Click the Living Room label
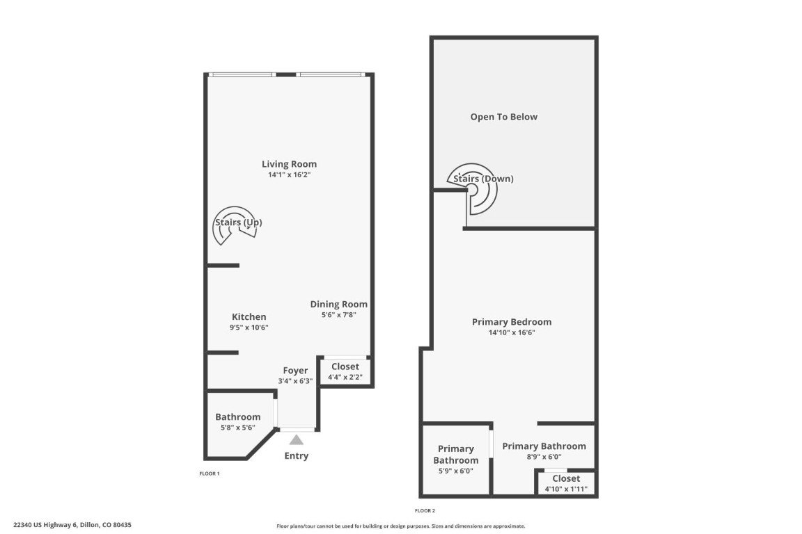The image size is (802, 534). (289, 164)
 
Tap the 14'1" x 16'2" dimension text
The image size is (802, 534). (289, 175)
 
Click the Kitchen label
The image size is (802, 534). (249, 317)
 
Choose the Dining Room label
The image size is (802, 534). (338, 305)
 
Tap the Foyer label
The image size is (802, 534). (295, 371)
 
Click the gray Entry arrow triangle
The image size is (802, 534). (296, 439)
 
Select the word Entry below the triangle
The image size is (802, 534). (296, 456)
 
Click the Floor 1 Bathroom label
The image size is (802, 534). (237, 417)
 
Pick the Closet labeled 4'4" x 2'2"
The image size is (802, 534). (345, 366)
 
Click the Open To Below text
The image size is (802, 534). (503, 117)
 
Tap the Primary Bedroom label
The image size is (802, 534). (512, 322)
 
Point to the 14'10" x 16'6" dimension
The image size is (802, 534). (512, 333)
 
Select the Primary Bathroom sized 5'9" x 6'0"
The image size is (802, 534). (456, 455)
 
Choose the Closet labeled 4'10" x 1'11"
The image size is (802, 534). (565, 479)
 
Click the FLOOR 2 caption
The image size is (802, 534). (425, 510)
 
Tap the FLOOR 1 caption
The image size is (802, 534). (210, 474)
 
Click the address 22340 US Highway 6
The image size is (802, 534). (72, 526)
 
